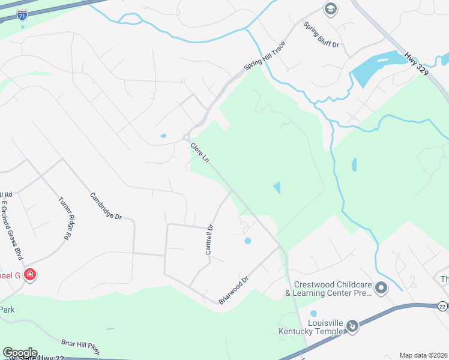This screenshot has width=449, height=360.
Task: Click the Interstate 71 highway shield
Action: (x=22, y=15)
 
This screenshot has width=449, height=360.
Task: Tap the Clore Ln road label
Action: (x=200, y=152)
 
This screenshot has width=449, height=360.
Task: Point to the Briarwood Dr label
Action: (x=234, y=290)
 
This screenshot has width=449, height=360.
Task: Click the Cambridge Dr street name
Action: (x=106, y=205)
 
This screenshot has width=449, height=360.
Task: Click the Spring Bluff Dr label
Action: (x=321, y=35)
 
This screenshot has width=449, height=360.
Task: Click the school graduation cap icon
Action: (x=330, y=9)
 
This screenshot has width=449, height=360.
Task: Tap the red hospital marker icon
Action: (x=30, y=275)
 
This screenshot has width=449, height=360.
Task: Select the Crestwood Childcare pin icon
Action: (x=381, y=289)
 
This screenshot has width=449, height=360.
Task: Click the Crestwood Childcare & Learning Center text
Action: (x=330, y=289)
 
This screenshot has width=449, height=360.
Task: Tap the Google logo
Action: (x=20, y=353)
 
